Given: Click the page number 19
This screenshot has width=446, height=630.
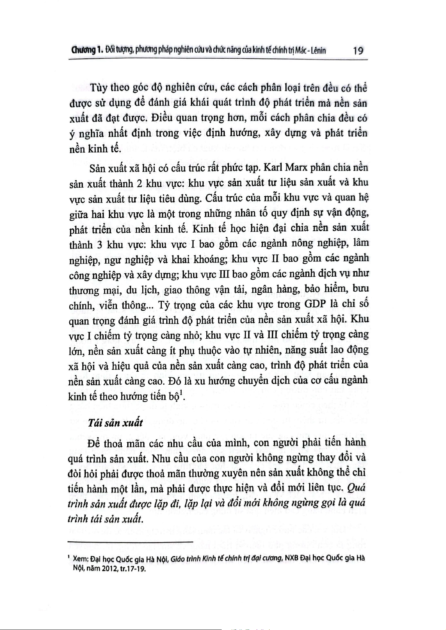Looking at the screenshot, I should (x=358, y=50).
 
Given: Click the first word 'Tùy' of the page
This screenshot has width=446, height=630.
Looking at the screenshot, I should (x=99, y=88).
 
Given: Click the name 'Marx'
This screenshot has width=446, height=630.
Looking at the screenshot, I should (x=297, y=167).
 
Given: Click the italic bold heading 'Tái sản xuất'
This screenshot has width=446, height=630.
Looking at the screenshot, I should (x=115, y=422).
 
